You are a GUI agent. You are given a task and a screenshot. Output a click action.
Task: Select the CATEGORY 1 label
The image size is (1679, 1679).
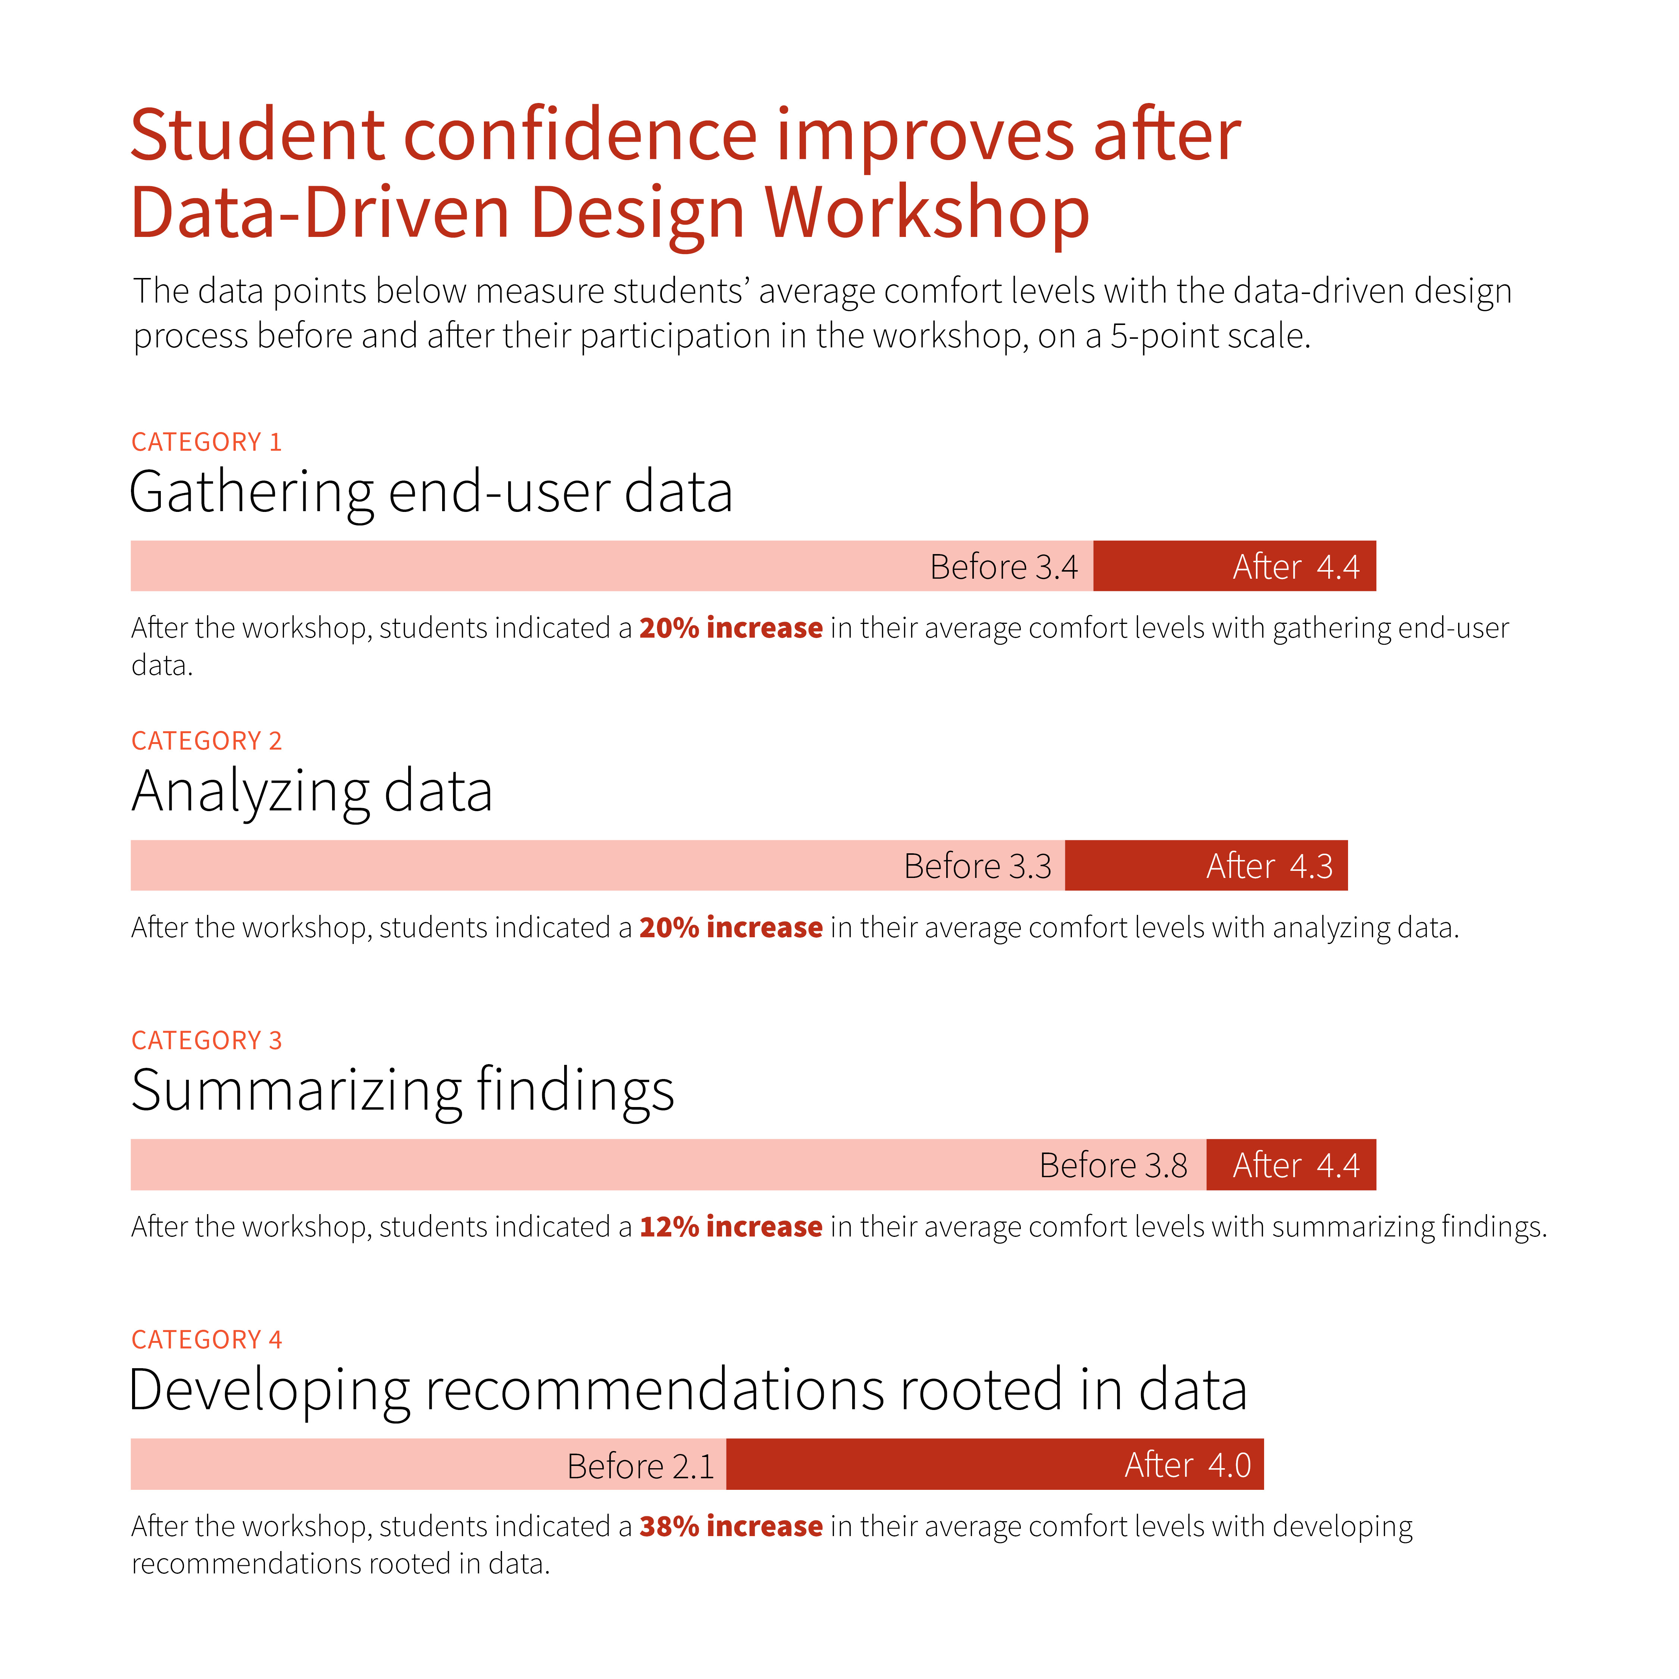point(207,443)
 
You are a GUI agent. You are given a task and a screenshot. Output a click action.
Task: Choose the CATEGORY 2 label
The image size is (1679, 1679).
point(207,741)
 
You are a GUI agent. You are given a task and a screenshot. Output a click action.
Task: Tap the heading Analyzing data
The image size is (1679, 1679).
point(312,792)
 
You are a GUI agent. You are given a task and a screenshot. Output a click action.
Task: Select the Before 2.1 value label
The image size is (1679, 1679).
point(641,1466)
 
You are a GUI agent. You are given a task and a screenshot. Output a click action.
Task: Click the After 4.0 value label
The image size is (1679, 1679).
point(1187,1465)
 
